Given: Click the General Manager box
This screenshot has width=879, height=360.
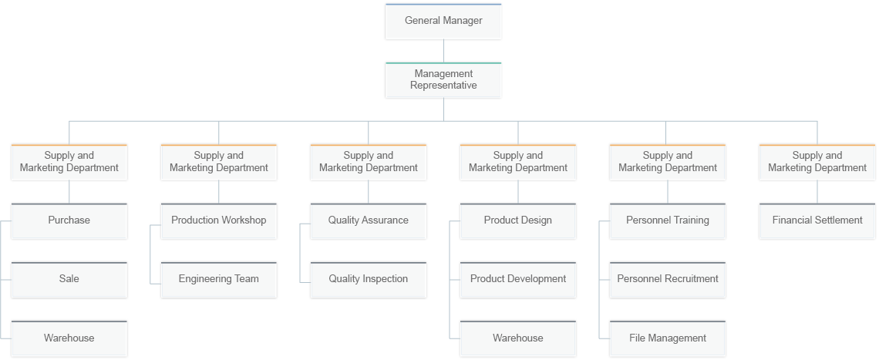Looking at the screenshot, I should coord(443,21).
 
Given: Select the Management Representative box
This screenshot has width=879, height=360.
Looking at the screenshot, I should coord(443,80).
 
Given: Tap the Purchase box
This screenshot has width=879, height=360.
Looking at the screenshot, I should coord(69,220).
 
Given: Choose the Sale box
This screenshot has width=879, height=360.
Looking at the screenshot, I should coord(69,279).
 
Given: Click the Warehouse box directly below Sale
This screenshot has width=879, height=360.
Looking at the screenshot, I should coord(69,338).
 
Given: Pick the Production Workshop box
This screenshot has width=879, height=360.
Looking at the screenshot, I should coord(219,220).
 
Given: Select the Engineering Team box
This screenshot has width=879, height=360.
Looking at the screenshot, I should coord(219,279).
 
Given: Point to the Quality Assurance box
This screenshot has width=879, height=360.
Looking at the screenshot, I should coord(369,220).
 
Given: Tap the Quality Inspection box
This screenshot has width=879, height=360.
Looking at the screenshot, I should coord(369,279).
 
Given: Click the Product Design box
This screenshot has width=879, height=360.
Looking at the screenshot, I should coord(518,220).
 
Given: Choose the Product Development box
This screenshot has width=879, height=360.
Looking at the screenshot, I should coord(518,279).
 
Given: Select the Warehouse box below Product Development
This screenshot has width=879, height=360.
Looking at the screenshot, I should coord(518,338).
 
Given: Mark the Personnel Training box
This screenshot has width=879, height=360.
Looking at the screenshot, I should coord(668,220).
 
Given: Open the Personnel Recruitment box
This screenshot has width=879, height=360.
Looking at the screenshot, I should coord(668,279).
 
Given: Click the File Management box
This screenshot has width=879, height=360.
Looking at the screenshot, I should coord(668,338).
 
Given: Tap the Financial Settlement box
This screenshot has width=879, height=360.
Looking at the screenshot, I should coord(817,220).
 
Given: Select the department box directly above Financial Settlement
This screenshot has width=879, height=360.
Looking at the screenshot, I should coord(817,162).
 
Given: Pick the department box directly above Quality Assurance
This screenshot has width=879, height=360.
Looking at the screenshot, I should coord(369,162).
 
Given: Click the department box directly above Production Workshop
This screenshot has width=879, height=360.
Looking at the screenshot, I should coord(219,162).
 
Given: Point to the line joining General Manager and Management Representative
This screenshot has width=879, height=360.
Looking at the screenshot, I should coord(443,51).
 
